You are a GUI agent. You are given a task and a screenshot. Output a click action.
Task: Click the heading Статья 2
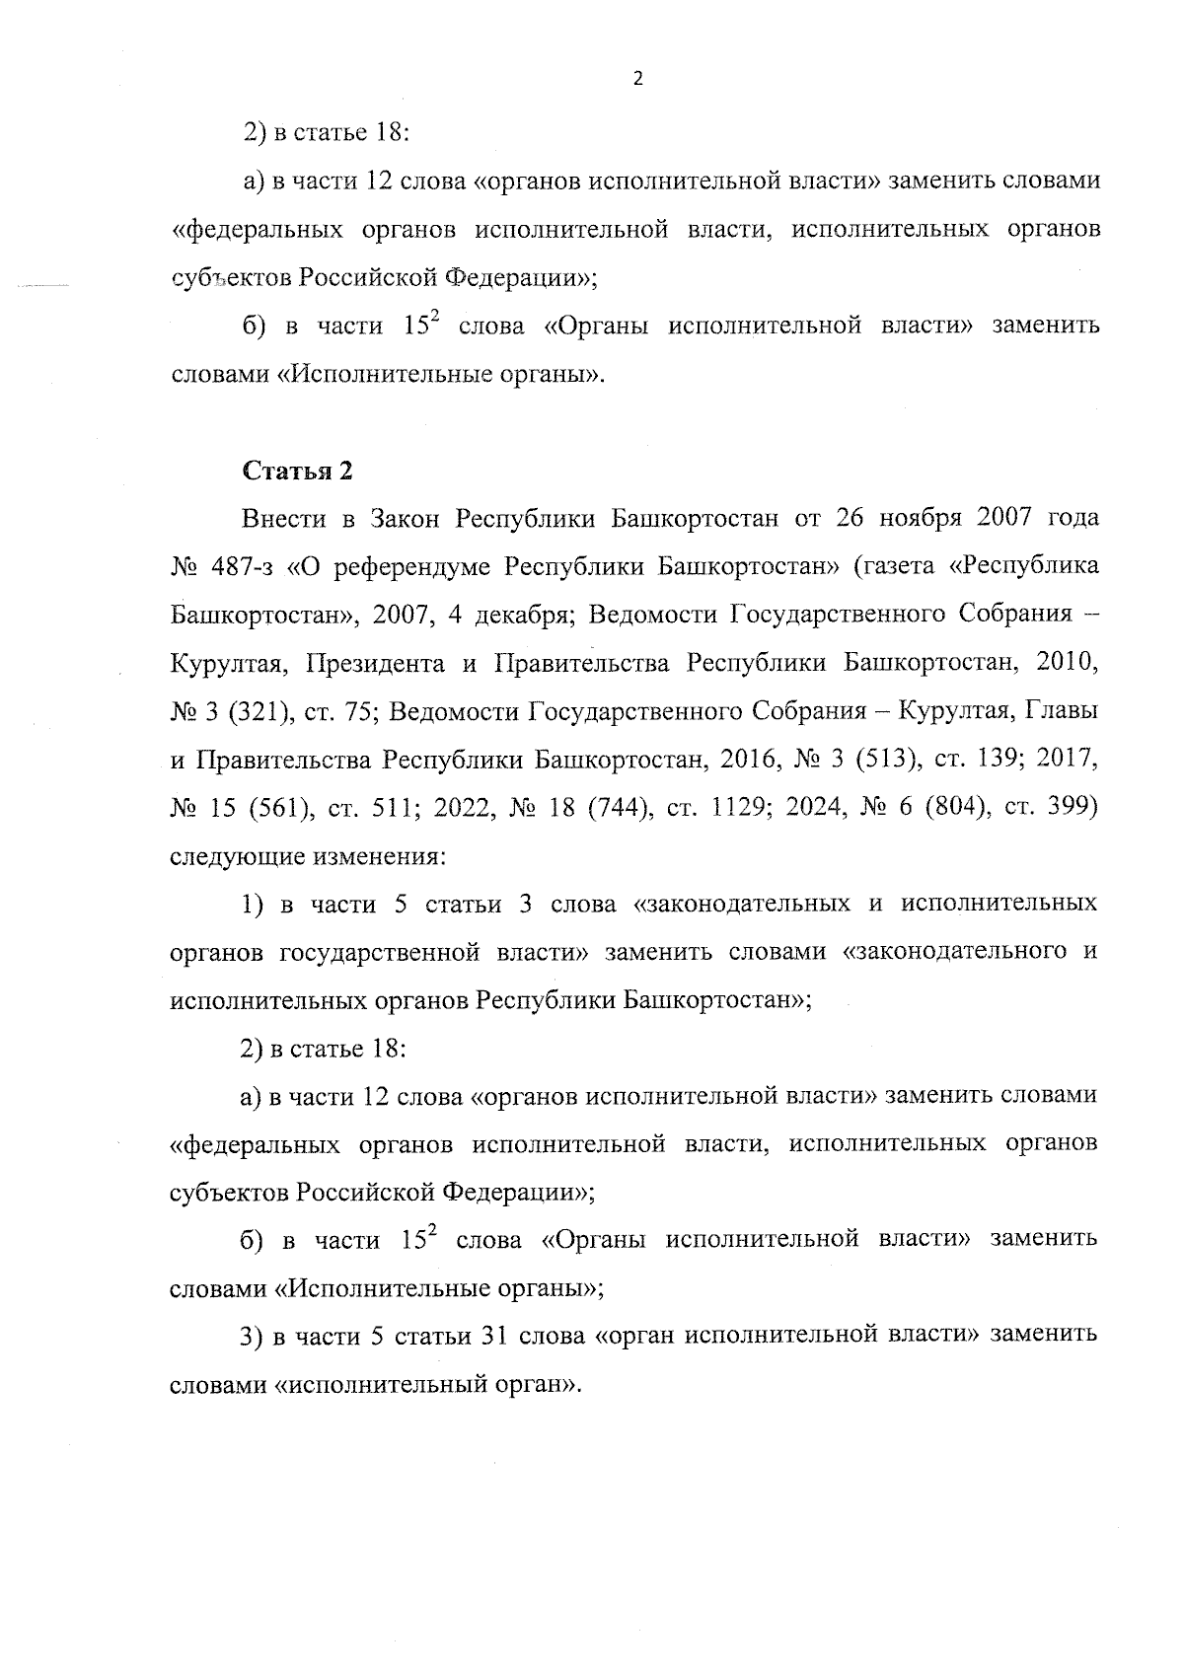click(297, 471)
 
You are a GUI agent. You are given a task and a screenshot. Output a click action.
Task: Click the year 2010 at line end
click(1068, 664)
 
